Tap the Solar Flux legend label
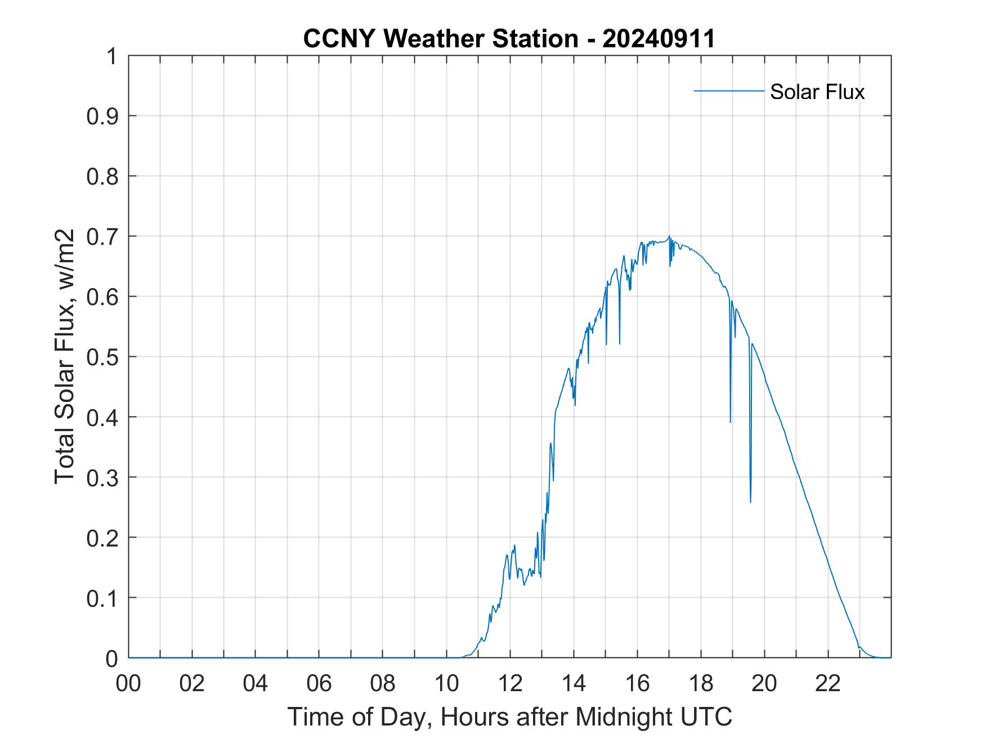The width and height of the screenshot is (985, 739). click(x=817, y=92)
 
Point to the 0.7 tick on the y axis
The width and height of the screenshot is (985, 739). click(x=102, y=236)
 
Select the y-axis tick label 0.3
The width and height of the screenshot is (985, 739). click(x=102, y=477)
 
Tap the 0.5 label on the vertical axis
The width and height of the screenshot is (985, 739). click(x=102, y=357)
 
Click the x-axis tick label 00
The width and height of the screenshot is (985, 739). click(x=128, y=684)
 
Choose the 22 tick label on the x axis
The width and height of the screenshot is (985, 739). click(x=828, y=684)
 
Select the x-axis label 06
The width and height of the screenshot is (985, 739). click(x=319, y=684)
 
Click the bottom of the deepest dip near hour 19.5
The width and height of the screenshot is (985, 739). click(x=750, y=502)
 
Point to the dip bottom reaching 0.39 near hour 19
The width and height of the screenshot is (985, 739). click(x=730, y=422)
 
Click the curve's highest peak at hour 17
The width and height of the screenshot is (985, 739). click(x=669, y=236)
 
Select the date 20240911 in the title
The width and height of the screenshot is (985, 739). click(x=659, y=39)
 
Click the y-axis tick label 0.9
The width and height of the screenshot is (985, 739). click(x=102, y=116)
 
